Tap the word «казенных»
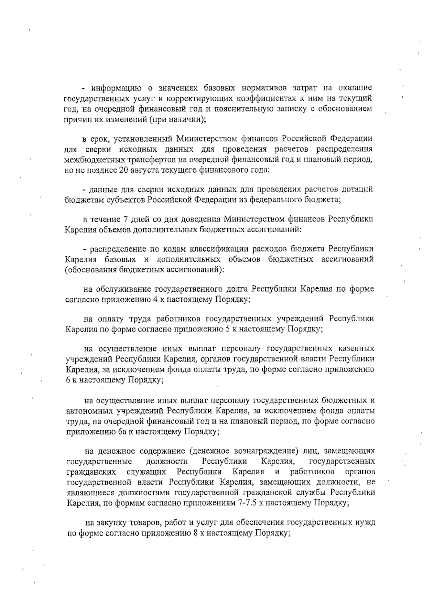coord(356,349)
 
